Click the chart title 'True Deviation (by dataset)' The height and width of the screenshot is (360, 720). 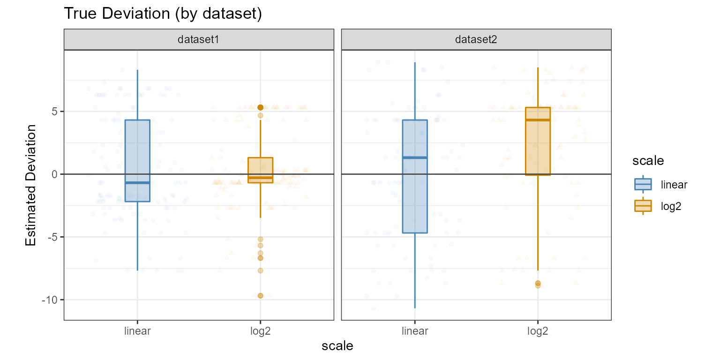[162, 14]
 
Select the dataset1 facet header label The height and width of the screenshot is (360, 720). [198, 40]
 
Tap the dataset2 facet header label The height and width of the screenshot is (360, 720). [476, 40]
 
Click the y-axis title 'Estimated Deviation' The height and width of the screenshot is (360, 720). [31, 185]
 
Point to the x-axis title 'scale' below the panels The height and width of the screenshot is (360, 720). [337, 346]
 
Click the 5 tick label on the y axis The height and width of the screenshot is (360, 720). [54, 112]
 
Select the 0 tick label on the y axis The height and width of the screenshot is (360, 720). [54, 174]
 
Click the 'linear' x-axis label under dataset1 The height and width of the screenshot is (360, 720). [137, 331]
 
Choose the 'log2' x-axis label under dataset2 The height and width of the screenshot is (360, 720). [537, 331]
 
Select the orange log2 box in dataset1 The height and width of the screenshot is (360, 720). [261, 169]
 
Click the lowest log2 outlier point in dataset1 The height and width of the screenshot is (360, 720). [261, 296]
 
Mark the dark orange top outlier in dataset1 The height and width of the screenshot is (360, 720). [261, 107]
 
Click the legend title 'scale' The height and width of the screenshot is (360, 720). [648, 161]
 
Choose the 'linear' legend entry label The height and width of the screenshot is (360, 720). [674, 184]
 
